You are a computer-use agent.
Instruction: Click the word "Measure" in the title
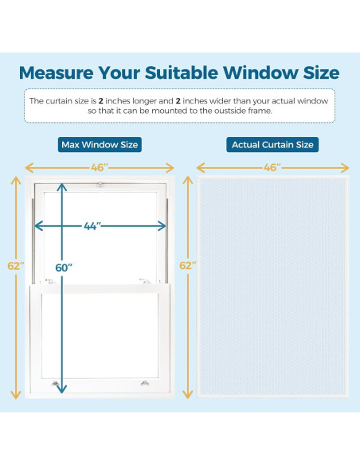pyautogui.click(x=58, y=73)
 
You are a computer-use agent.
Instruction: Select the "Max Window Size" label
pyautogui.click(x=100, y=145)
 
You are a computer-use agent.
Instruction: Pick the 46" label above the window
pyautogui.click(x=100, y=167)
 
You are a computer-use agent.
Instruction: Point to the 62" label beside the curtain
pyautogui.click(x=188, y=265)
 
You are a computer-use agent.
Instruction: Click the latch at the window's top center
pyautogui.click(x=100, y=185)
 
